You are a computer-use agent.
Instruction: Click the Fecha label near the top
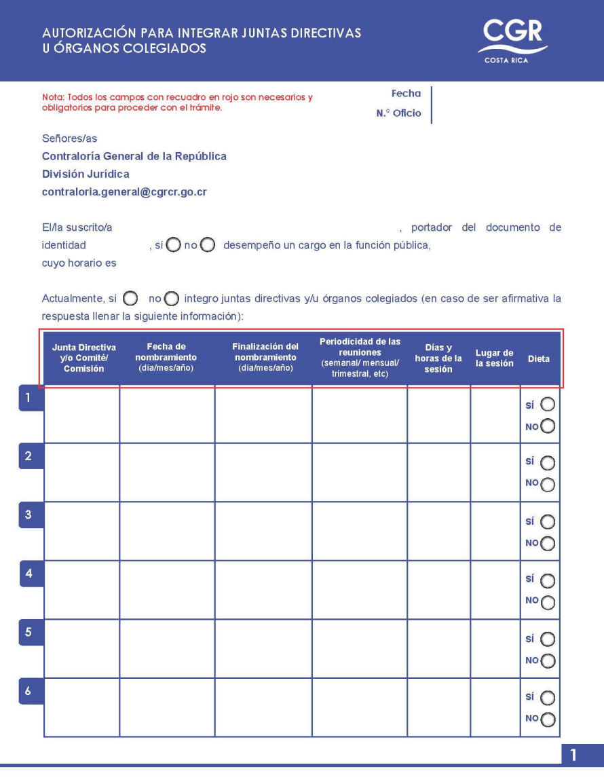406,94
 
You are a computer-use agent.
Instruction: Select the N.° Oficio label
398,113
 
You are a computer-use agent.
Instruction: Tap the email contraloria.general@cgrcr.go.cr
124,192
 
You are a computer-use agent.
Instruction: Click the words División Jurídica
86,174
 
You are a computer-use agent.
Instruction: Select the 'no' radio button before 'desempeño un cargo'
208,245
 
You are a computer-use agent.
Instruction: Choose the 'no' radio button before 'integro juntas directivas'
172,299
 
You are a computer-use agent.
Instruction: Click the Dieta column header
539,359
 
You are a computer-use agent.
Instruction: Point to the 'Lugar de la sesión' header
494,358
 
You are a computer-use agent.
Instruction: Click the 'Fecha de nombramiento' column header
166,357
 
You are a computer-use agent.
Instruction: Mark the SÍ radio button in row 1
547,405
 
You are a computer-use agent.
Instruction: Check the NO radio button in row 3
548,543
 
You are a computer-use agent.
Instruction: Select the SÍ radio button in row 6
547,698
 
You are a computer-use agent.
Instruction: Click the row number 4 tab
29,573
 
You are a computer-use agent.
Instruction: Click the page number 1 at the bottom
573,755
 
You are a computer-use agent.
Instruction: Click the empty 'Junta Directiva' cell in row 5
81,648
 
